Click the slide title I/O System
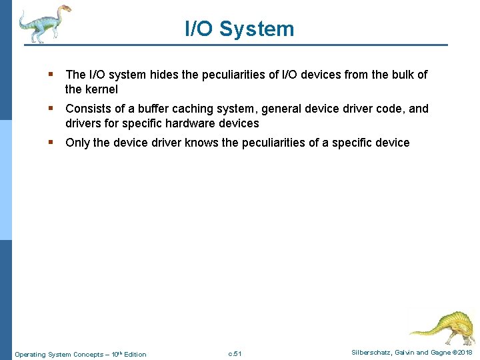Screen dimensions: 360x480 [239, 29]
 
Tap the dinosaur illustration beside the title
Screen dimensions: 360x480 [44, 23]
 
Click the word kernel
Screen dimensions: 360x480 [101, 89]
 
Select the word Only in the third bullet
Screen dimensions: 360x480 [77, 143]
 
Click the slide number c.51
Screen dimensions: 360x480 [235, 353]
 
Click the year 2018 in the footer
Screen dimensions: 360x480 [466, 353]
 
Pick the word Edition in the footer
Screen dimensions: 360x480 [135, 354]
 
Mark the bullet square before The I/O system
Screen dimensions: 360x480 [50, 75]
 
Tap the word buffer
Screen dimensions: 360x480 [148, 109]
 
